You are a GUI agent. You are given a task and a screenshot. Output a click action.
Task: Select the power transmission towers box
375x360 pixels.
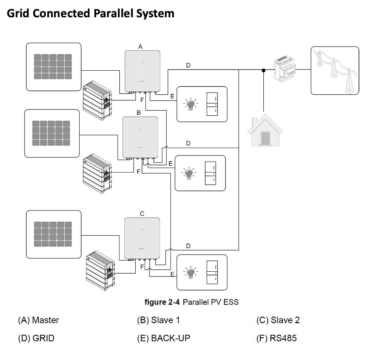pos(334,71)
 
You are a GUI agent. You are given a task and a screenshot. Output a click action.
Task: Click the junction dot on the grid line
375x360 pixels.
pos(264,70)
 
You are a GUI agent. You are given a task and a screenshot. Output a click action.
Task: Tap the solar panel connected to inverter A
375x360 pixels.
pos(53,67)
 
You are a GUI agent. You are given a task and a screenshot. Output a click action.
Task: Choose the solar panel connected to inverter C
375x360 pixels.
pos(53,234)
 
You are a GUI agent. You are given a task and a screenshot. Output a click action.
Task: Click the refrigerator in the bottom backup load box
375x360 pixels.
pos(212,273)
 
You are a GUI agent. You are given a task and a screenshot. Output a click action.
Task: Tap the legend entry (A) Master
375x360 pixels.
pos(38,320)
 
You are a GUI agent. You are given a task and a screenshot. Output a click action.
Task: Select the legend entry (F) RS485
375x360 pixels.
pos(276,338)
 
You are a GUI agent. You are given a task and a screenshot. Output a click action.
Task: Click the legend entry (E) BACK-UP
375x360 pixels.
pos(163,338)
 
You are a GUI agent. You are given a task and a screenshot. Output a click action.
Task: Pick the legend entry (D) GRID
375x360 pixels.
pos(36,338)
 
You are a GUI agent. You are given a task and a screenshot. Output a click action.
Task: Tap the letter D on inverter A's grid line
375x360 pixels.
pos(188,65)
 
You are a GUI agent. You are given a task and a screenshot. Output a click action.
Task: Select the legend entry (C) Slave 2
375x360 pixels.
pos(278,320)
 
